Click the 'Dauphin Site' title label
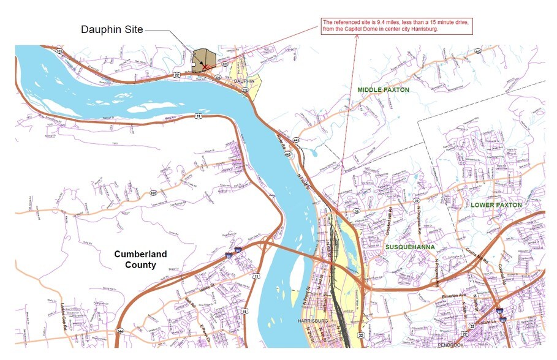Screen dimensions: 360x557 coord(112,29)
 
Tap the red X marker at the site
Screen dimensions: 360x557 coord(206,67)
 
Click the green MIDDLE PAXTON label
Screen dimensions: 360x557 coord(384,90)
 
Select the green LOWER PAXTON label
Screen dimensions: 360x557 coord(496,204)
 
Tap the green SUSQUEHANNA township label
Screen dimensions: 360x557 coord(410,247)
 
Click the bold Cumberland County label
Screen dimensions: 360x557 coord(140,260)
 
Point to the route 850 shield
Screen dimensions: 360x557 coord(153,193)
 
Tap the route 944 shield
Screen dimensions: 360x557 coord(120,331)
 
